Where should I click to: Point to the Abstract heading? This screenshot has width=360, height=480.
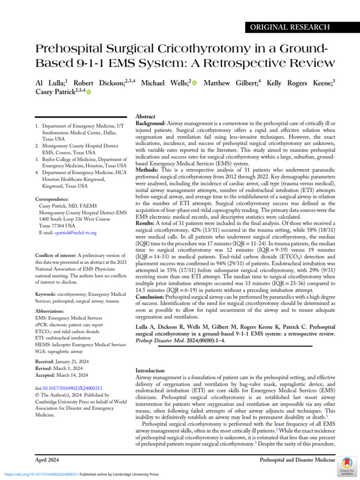point(145,116)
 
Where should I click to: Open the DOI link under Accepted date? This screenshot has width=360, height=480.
point(69,388)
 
